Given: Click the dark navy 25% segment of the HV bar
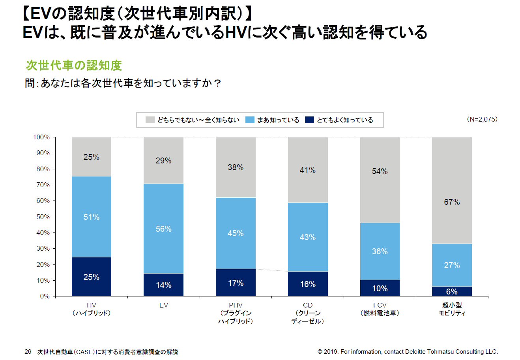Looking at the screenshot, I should pos(92,277).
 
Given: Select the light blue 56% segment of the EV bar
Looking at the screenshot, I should pos(163,229).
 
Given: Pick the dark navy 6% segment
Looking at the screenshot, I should pos(452,291).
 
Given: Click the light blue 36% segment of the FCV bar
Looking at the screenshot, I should pos(380,251).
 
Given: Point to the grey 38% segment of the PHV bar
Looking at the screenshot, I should pos(236,167).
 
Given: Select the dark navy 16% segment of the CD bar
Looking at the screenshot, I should pos(308,284).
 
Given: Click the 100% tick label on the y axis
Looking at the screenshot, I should pos(41,137).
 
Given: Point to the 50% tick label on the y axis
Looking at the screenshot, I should pos(43,217).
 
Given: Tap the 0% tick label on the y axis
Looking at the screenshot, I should pos(45,296).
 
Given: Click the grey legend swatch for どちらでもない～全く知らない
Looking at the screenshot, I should pos(150,120).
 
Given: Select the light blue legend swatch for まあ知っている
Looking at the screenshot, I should pos(250,120).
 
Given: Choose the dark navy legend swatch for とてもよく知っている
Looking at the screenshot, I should pos(309,120).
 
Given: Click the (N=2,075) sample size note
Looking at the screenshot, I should pos(482,119).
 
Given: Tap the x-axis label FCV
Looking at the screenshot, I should pos(380,305).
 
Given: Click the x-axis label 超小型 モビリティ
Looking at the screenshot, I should pos(452,309).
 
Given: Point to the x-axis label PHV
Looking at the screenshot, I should pos(236,305).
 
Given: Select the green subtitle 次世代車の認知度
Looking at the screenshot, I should pos(74,65).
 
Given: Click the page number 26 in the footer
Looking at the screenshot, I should pos(28,352).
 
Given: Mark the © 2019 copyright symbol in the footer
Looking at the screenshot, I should pos(320,352).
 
